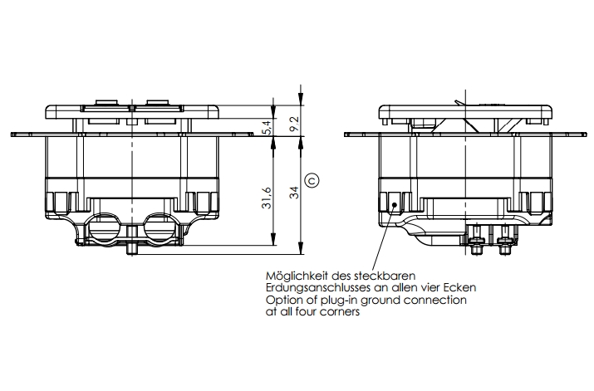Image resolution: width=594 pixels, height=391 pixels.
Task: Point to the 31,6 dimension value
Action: coord(267,199)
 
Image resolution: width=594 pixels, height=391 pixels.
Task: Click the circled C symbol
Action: coord(312,178)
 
